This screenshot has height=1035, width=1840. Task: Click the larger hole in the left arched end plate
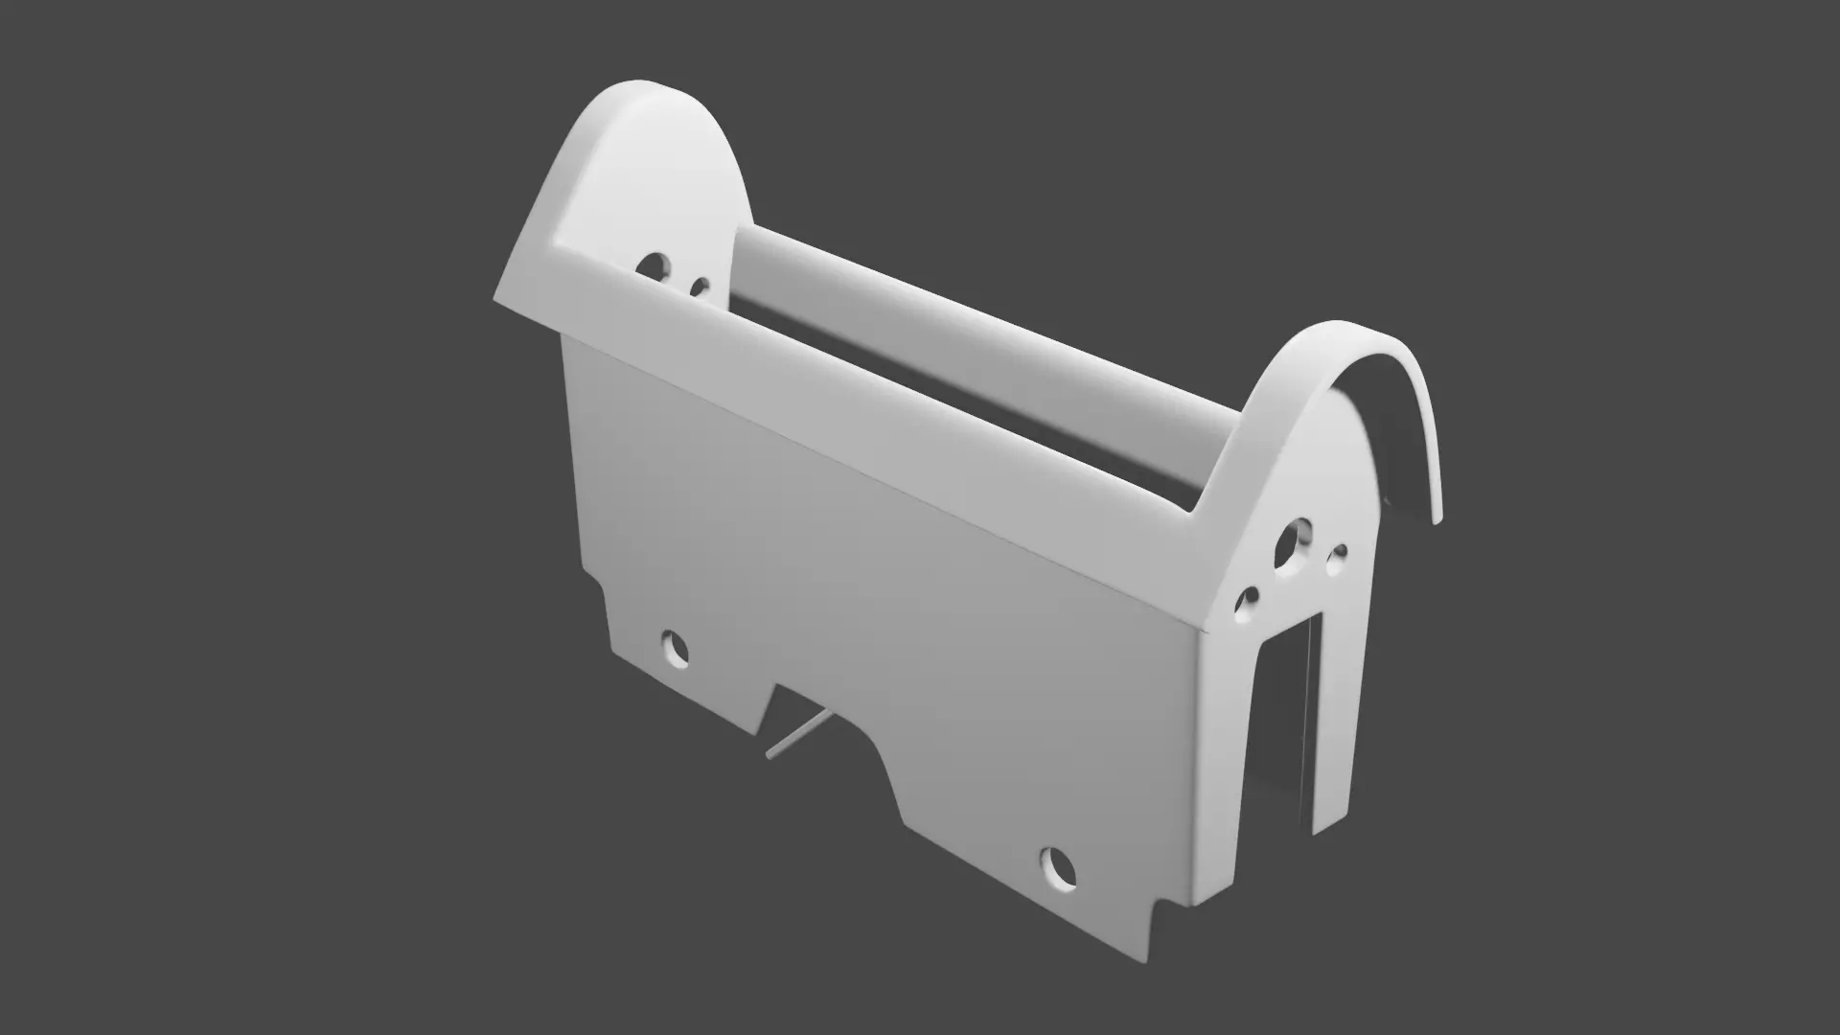[656, 265]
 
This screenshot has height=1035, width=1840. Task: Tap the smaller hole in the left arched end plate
[701, 287]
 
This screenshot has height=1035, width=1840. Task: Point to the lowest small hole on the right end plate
[1249, 598]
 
